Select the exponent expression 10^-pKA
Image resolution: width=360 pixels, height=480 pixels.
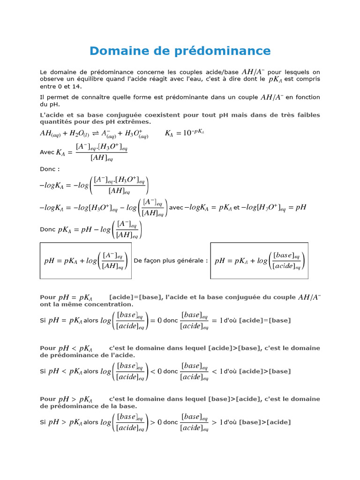coord(194,133)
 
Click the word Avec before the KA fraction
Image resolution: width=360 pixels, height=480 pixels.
coord(47,152)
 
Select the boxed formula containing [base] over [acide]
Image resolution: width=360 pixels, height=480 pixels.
coord(259,261)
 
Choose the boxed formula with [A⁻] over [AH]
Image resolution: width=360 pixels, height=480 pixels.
coord(85,261)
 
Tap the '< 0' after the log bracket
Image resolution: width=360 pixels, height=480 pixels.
coord(155,371)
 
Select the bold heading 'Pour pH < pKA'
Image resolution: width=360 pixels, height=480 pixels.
coord(66,348)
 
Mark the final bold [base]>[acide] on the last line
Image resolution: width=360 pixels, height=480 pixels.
coord(265,422)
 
